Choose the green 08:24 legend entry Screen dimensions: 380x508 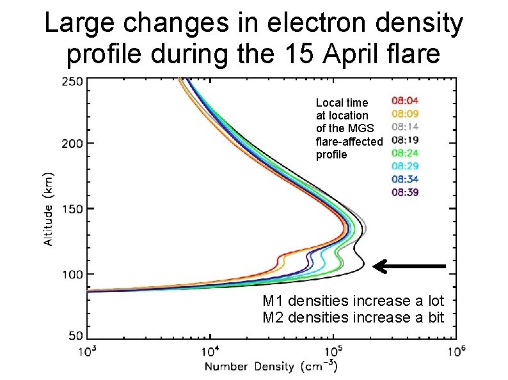[405, 153]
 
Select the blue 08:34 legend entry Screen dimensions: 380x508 [405, 179]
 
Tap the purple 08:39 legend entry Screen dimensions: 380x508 [405, 192]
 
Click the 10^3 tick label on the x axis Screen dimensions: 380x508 [88, 351]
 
